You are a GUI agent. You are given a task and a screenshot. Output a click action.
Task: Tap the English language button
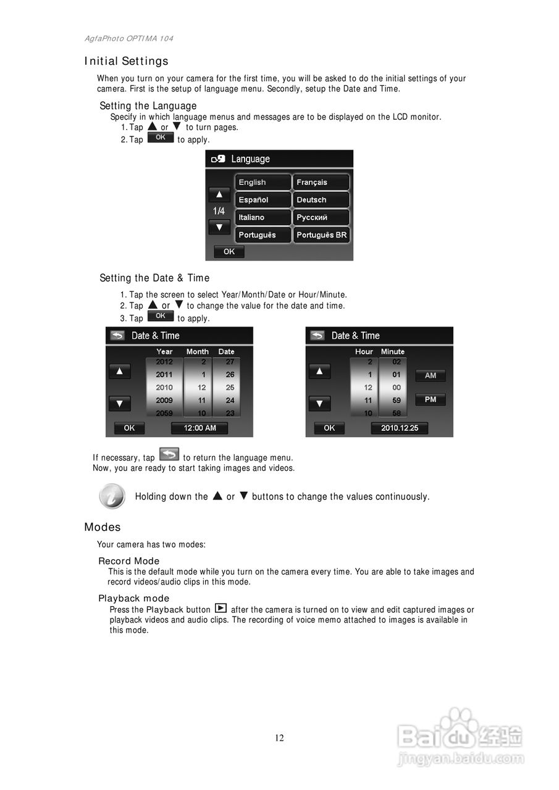pos(262,183)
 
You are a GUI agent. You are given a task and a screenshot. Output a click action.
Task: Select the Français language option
pos(321,183)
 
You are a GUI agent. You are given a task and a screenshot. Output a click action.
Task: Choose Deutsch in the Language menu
pos(321,200)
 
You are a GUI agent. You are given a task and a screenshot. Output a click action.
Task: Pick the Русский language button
pos(321,217)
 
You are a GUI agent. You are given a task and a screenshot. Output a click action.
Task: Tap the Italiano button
pos(262,217)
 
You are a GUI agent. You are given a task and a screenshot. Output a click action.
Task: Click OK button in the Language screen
pos(229,252)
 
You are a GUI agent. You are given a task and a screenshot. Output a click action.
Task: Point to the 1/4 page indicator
pos(219,211)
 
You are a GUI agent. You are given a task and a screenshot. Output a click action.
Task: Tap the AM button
pos(431,375)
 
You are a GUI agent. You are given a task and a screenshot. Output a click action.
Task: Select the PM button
pos(431,400)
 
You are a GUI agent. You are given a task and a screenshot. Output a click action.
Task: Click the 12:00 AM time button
pos(199,428)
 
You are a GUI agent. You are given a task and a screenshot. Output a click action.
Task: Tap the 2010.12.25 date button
pos(399,428)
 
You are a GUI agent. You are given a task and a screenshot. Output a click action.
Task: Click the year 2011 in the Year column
pos(164,375)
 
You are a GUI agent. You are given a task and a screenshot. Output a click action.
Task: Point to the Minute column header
pos(393,352)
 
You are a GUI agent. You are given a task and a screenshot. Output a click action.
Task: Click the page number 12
pos(279,738)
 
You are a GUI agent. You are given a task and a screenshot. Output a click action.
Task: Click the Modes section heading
pos(103,527)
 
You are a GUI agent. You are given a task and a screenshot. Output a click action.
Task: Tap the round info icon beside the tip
pos(112,496)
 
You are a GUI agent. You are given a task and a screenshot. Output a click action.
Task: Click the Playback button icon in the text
pos(221,609)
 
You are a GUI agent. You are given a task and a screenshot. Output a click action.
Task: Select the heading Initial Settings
pos(127,61)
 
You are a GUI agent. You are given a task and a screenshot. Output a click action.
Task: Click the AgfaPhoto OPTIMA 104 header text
pos(129,38)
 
